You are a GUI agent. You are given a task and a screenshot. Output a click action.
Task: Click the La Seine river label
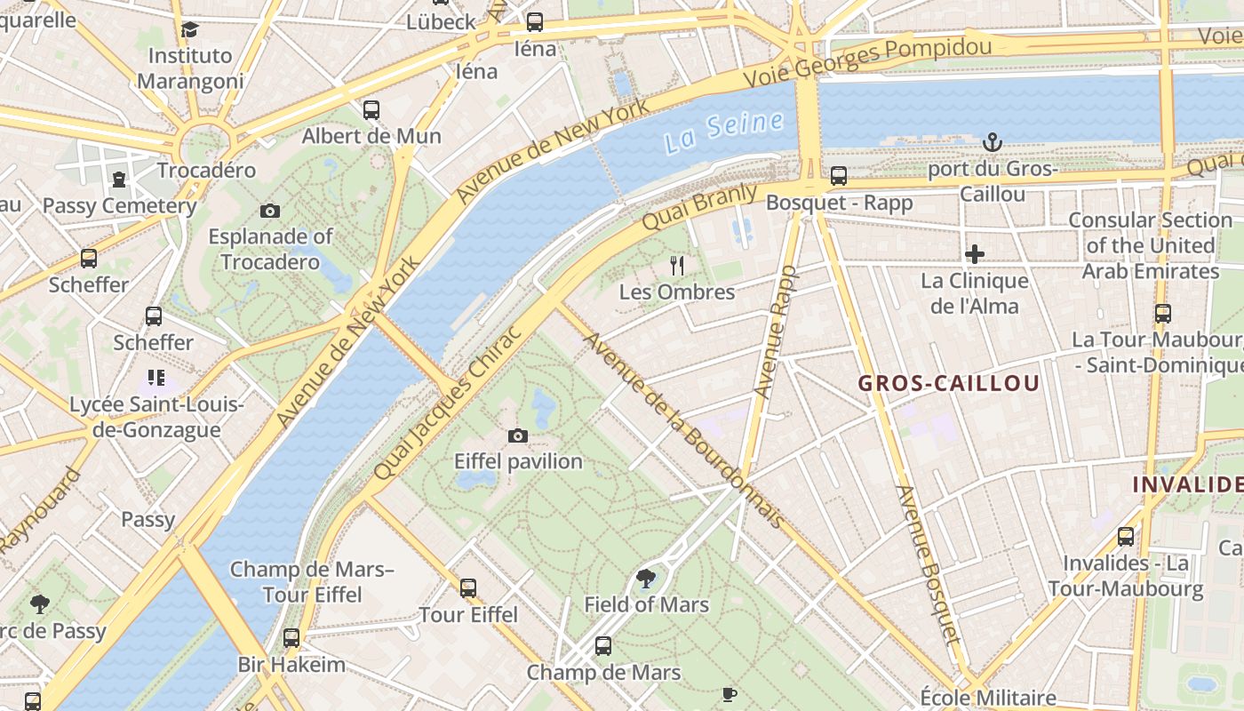coord(724,132)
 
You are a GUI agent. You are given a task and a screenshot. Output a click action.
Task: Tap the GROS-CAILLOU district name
coord(948,384)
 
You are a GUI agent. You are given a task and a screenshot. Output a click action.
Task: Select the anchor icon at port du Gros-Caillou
coord(992,142)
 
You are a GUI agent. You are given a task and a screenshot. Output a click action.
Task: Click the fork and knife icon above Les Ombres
coord(677,265)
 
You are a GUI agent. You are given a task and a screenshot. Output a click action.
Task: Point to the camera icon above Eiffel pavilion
coord(518,435)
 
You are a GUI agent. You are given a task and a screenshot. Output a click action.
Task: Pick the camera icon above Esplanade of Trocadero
coord(270,211)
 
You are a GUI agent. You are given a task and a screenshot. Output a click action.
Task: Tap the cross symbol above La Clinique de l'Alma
coord(975,255)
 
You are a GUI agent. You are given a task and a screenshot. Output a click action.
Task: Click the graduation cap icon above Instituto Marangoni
coord(189,30)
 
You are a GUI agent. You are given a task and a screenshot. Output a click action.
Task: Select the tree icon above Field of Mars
coord(646,579)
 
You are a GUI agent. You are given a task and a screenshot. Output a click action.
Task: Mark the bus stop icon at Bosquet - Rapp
coord(838,176)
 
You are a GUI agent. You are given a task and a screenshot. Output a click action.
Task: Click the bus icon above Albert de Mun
coord(371,110)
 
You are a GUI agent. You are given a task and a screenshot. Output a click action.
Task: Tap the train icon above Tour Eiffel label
coord(468,587)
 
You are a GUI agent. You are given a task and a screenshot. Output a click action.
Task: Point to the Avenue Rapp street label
coord(775,332)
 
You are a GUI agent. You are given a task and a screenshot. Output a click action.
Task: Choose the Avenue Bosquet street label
coord(929,563)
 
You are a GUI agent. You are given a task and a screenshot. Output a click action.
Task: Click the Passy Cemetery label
coord(120,206)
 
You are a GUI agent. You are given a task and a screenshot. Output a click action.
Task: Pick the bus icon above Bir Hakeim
coord(291,638)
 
